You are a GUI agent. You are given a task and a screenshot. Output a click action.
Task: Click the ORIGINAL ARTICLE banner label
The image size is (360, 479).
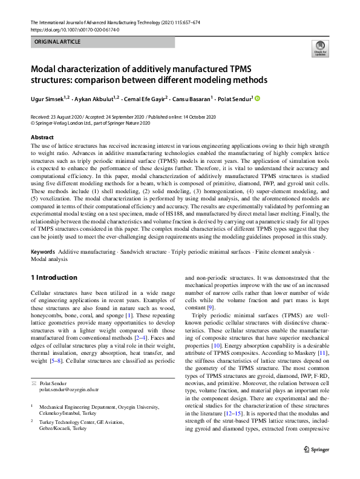pyautogui.click(x=57, y=42)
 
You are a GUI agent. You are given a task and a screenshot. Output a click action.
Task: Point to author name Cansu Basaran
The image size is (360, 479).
pyautogui.click(x=192, y=99)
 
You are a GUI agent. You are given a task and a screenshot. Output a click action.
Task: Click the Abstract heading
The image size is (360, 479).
pyautogui.click(x=42, y=138)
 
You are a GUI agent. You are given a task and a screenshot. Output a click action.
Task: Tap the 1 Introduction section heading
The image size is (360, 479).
pyautogui.click(x=54, y=278)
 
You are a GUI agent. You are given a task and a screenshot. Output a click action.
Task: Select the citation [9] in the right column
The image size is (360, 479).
pyautogui.click(x=211, y=308)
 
